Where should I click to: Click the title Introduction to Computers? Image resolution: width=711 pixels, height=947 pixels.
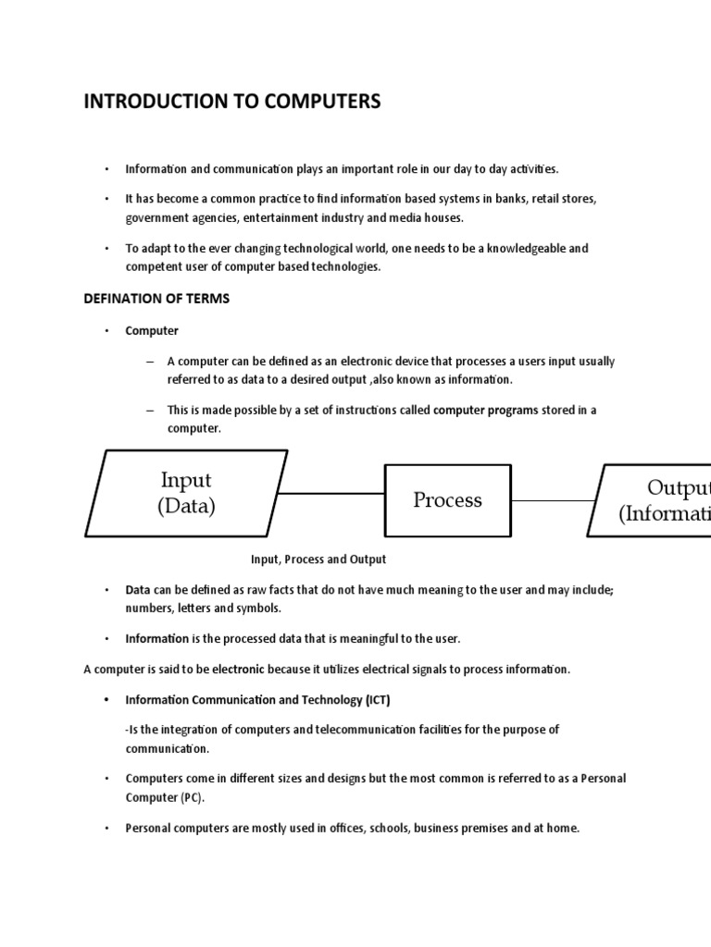tap(232, 102)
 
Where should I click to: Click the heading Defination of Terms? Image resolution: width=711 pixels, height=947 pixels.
tap(156, 299)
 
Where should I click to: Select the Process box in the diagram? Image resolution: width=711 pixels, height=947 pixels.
tap(447, 500)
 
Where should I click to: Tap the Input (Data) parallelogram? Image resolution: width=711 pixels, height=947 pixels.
tap(186, 493)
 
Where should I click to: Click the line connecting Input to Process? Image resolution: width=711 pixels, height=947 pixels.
tap(331, 493)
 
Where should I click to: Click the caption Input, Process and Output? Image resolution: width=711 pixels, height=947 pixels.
tap(318, 560)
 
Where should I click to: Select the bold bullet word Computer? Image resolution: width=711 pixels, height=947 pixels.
tap(152, 330)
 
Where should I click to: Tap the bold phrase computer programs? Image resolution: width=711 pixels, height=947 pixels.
tap(485, 410)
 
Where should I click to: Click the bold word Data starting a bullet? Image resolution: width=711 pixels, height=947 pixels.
tap(138, 589)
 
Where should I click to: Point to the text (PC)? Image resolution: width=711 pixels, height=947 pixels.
tap(192, 797)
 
